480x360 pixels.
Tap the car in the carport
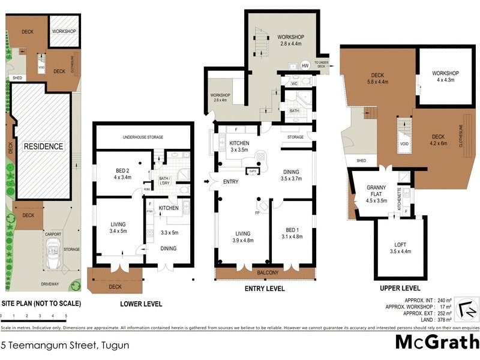[x=52, y=248]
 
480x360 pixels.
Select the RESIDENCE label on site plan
[x=43, y=146]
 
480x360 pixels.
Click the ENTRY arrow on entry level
[x=207, y=181]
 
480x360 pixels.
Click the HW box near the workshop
[x=305, y=65]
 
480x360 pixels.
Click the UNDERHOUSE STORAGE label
[x=143, y=136]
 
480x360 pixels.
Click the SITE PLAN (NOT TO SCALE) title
[x=41, y=304]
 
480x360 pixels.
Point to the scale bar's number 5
[x=66, y=316]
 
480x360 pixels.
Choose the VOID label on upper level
[x=404, y=145]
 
